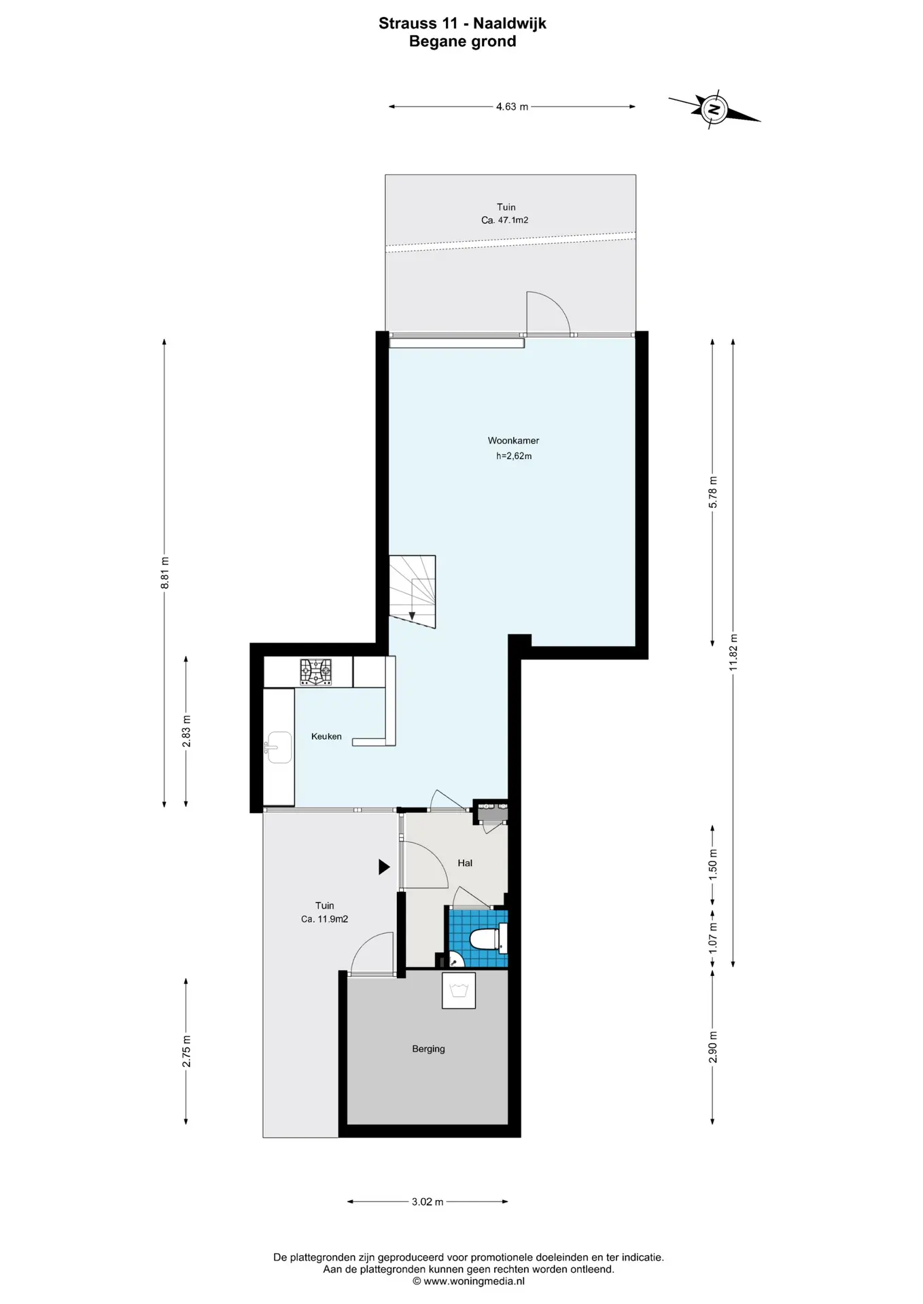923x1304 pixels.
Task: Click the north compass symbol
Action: (x=714, y=109)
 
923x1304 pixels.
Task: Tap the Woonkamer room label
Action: (x=513, y=441)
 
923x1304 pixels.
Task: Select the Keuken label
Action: (x=326, y=736)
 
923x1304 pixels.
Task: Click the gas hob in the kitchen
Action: (x=316, y=672)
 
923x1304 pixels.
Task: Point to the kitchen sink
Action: (x=278, y=748)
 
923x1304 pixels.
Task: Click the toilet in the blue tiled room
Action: (x=488, y=939)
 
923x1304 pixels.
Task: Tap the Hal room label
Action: (x=465, y=863)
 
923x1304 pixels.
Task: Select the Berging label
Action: (x=428, y=1049)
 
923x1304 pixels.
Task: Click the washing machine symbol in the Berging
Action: (x=459, y=990)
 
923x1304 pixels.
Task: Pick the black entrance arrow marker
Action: (x=384, y=867)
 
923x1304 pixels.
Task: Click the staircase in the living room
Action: (x=412, y=592)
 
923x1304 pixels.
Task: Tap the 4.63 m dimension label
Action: (x=512, y=107)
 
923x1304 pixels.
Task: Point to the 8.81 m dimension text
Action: (x=164, y=573)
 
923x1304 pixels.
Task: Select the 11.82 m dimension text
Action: (x=733, y=652)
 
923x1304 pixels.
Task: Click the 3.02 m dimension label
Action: (x=428, y=1201)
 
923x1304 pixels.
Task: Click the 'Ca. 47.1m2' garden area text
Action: (x=505, y=220)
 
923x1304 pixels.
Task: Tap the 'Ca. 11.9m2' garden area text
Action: (x=325, y=919)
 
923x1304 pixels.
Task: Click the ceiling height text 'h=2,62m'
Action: (x=514, y=456)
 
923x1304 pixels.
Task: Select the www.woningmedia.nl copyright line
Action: (x=468, y=1281)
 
